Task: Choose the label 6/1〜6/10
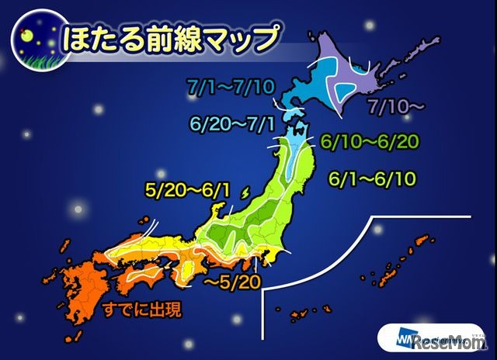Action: click(x=372, y=178)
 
